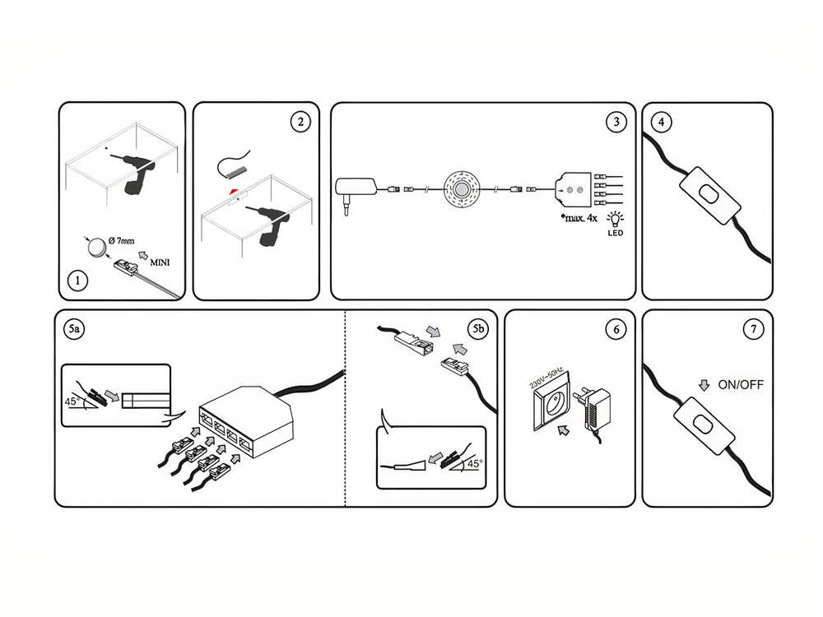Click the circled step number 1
[x=77, y=281]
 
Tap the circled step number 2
[x=301, y=122]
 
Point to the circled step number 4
[x=661, y=122]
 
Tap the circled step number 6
[x=614, y=330]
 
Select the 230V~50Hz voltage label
[x=544, y=378]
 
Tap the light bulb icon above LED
[x=615, y=219]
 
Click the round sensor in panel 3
[x=462, y=188]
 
